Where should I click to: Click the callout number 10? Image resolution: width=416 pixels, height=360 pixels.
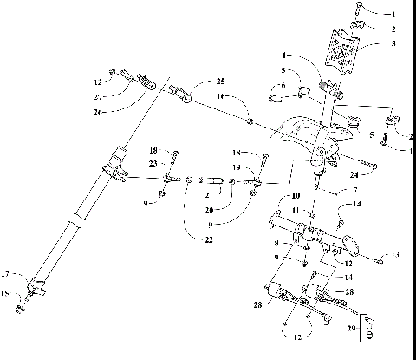(x=296, y=196)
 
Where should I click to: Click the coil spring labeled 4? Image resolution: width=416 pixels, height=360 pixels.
(x=328, y=87)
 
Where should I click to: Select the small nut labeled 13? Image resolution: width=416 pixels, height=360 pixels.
(x=380, y=259)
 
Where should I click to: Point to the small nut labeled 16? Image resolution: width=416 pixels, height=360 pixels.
(x=250, y=120)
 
